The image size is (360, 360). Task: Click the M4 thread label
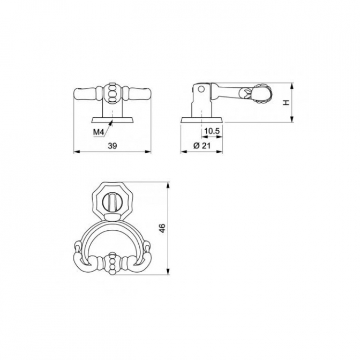99,132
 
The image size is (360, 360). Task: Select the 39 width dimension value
112,146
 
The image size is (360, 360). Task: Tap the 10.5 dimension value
212,131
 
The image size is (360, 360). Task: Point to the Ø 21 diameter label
202,146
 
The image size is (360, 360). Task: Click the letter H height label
286,103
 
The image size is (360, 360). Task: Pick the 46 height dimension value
162,228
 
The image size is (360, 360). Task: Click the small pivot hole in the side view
201,89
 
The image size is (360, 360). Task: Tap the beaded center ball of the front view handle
112,94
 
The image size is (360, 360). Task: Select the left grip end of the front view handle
85,94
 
